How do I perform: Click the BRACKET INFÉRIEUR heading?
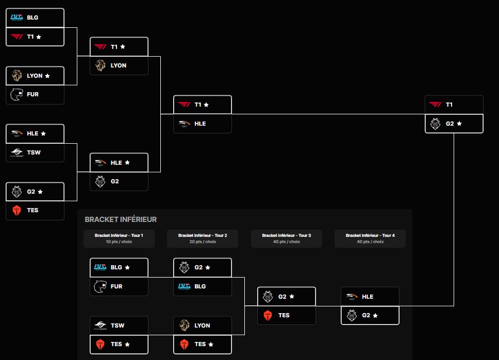click(x=121, y=219)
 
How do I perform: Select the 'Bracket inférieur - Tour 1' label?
click(x=119, y=235)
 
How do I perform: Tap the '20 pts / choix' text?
click(x=203, y=242)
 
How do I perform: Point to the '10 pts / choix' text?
click(x=119, y=242)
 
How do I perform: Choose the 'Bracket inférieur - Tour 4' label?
click(x=370, y=235)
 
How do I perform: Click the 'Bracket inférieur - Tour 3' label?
click(x=287, y=235)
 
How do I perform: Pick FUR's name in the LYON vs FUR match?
click(x=33, y=94)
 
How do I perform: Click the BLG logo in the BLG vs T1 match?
click(x=16, y=18)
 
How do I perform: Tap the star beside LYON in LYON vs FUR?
click(x=47, y=76)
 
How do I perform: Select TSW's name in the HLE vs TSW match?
click(x=34, y=152)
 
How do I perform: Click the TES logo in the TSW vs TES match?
click(x=100, y=344)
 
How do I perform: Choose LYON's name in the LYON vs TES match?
click(x=202, y=325)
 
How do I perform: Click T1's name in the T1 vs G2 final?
click(x=449, y=105)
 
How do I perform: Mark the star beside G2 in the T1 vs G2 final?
click(x=459, y=124)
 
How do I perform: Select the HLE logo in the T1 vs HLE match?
click(x=184, y=124)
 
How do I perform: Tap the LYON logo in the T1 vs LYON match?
click(x=100, y=65)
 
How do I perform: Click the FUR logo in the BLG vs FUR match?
click(x=100, y=286)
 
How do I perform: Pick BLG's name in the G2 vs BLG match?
click(x=200, y=286)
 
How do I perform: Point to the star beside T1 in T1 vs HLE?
click(x=206, y=105)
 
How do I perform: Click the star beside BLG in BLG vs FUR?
click(x=127, y=267)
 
